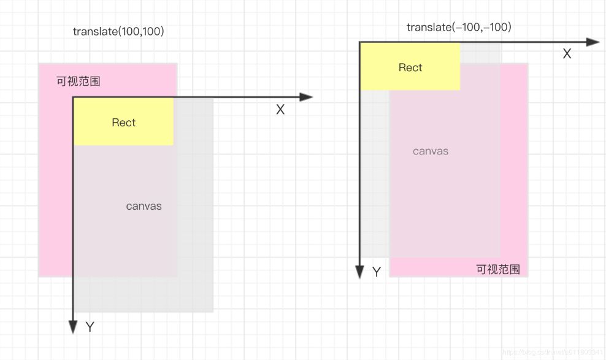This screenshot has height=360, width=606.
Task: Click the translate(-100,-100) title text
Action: point(459,27)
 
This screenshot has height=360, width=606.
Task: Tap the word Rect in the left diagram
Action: point(123,123)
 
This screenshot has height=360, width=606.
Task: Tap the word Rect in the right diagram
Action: point(410,67)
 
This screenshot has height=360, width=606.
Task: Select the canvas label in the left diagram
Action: point(144,206)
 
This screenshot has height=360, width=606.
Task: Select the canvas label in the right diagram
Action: point(430,151)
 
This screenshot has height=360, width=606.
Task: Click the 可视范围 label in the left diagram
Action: point(79,81)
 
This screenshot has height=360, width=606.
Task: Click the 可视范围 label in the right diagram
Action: point(498,269)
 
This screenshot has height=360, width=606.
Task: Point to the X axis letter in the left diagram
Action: point(280,110)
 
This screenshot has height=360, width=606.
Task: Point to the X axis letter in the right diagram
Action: point(567,54)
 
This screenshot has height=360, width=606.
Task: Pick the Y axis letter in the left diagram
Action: point(90,327)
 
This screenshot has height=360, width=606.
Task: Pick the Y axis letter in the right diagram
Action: point(377,272)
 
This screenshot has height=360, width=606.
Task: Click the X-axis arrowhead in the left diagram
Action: point(306,97)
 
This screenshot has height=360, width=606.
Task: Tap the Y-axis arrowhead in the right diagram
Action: point(359,272)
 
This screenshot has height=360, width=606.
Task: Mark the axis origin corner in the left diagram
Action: point(73,97)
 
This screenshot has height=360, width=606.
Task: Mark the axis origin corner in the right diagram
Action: point(359,42)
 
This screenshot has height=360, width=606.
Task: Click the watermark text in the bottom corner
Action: point(552,353)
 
